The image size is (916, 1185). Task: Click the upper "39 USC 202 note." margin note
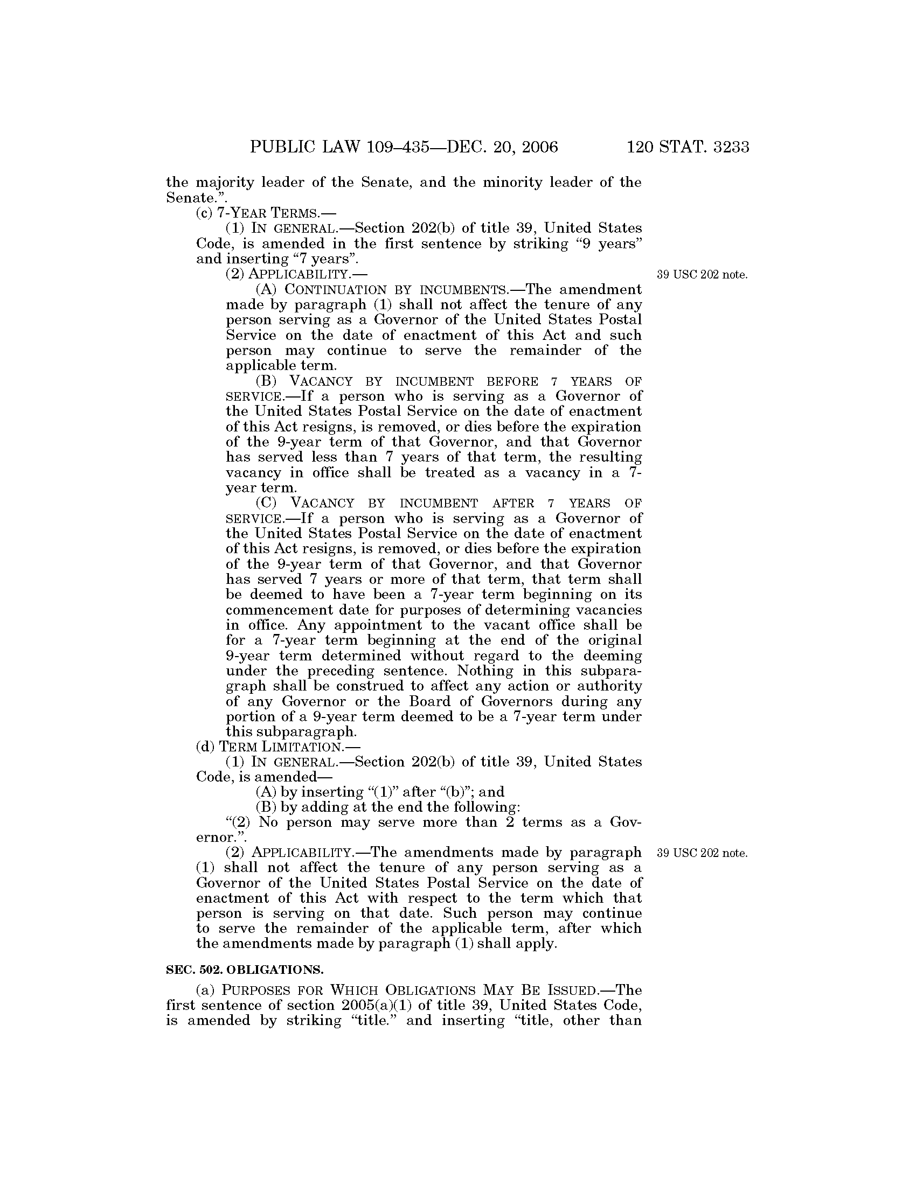(x=702, y=275)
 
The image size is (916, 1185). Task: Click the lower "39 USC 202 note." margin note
(x=702, y=853)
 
